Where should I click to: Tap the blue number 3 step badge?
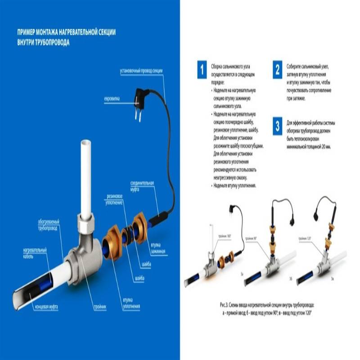pyautogui.click(x=278, y=126)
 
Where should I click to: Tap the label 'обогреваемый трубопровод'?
pyautogui.click(x=50, y=224)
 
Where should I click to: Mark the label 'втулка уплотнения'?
pyautogui.click(x=129, y=304)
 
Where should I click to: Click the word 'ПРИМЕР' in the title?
pyautogui.click(x=27, y=34)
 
